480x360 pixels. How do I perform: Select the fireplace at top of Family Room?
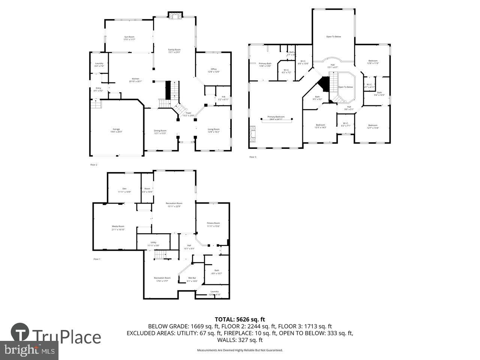coord(174,15)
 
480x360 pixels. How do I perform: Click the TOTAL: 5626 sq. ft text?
coord(240,319)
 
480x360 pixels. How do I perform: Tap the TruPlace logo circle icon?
coord(20,333)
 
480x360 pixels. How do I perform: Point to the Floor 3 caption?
coord(253,157)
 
